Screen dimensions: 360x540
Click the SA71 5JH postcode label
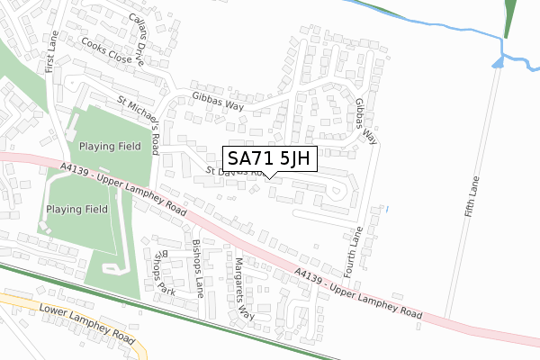[269, 159]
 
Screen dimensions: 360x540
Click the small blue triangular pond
[498, 61]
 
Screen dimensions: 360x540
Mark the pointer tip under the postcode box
[270, 176]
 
